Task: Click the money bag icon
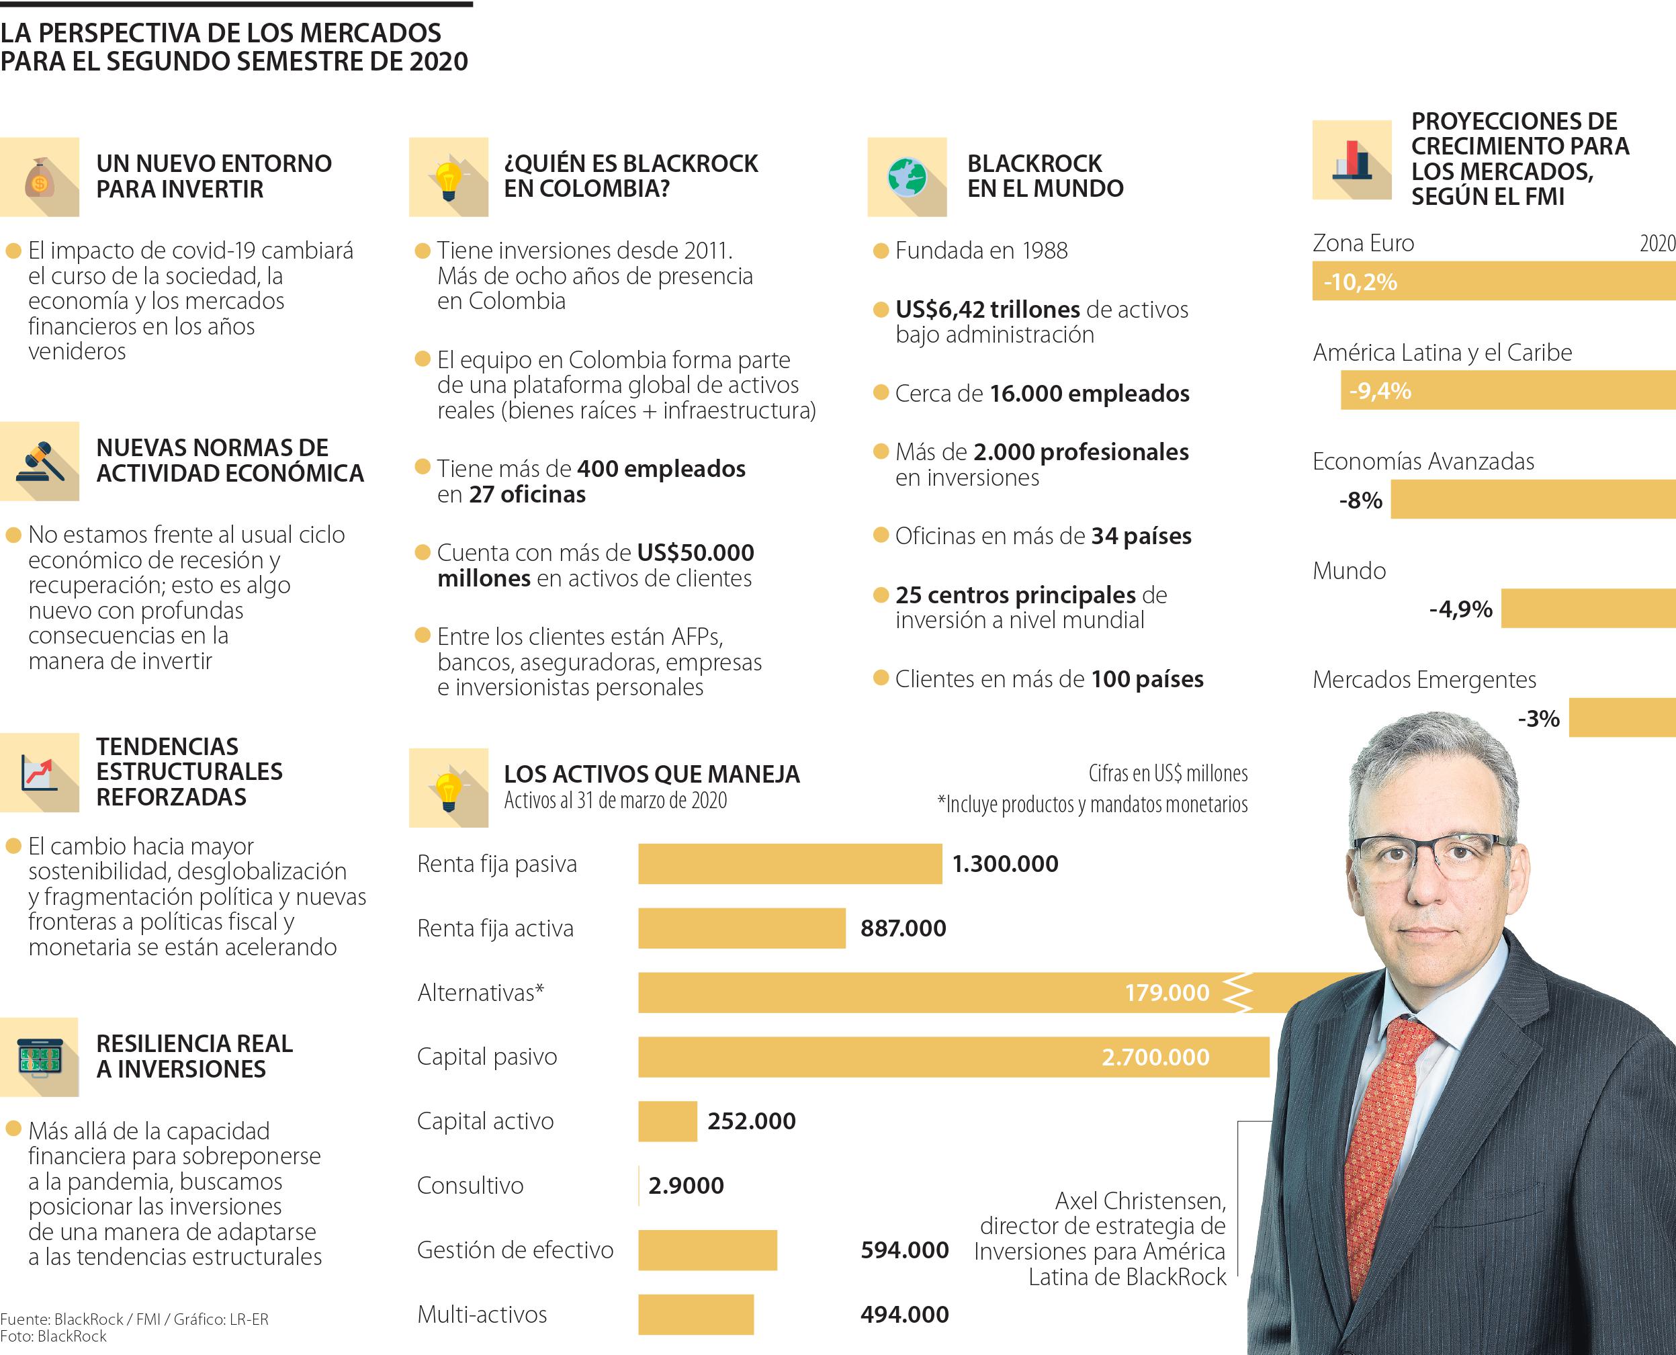coord(40,178)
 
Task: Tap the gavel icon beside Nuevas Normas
coord(40,462)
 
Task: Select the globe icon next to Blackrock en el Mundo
coord(907,178)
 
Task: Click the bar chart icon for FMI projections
coord(1352,160)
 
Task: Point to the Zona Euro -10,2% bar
coord(1493,281)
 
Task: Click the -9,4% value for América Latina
coord(1380,391)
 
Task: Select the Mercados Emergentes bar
coord(1622,718)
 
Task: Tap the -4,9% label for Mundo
coord(1460,609)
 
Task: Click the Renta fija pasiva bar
coord(789,864)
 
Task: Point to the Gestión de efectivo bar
coord(707,1250)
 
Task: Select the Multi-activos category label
coord(482,1315)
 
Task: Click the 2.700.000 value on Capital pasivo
coord(1155,1057)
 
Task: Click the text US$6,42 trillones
coord(986,309)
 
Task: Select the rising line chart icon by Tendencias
coord(40,773)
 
